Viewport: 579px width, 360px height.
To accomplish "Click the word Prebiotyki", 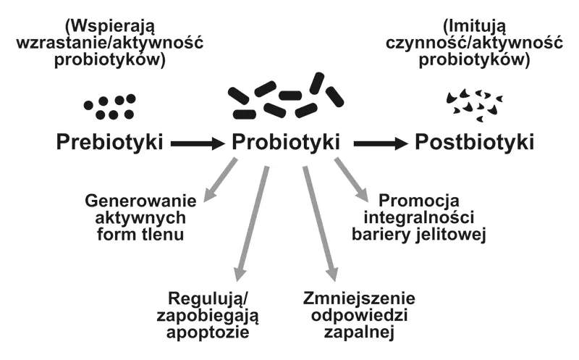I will pos(109,142).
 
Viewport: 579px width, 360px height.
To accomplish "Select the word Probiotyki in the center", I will pos(287,142).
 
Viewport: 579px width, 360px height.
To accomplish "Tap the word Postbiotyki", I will pos(475,142).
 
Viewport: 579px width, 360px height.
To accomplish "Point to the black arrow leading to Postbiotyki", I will pos(380,144).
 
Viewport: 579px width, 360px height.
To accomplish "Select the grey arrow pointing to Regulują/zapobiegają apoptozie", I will pos(252,225).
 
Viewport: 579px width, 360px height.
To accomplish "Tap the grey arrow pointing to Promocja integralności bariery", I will pos(350,182).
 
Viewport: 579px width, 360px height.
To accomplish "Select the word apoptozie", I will pos(208,333).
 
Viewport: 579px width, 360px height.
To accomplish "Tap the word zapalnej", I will pos(360,332).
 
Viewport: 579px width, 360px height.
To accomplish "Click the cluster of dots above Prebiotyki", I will pos(110,106).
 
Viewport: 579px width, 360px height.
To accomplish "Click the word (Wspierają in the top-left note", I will pos(109,24).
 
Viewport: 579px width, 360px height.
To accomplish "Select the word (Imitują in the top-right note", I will pos(471,24).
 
